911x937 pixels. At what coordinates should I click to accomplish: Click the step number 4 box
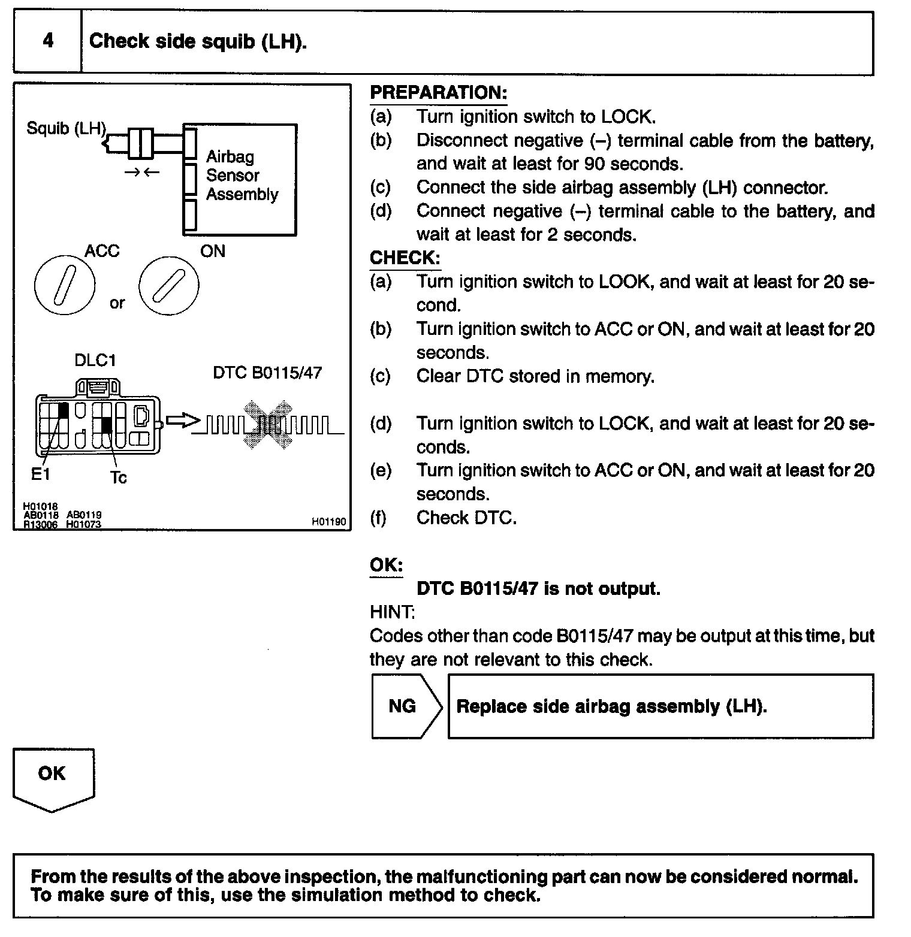(47, 41)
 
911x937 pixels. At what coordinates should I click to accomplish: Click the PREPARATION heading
(438, 93)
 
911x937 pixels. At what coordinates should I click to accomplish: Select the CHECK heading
(405, 258)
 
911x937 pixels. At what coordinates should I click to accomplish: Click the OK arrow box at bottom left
(53, 776)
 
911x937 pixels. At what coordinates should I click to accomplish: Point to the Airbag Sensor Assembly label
(241, 176)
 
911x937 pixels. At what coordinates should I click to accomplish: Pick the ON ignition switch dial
(168, 285)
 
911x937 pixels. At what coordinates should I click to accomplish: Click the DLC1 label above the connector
(95, 361)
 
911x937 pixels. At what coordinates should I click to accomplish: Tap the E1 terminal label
(40, 474)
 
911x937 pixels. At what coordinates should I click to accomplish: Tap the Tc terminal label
(119, 477)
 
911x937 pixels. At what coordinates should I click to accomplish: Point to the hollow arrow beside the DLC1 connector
(182, 421)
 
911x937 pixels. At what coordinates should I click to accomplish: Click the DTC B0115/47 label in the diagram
(267, 373)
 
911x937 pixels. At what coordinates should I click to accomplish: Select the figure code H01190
(328, 522)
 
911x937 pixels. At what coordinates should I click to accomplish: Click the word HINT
(392, 612)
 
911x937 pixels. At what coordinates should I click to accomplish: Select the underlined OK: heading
(386, 566)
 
